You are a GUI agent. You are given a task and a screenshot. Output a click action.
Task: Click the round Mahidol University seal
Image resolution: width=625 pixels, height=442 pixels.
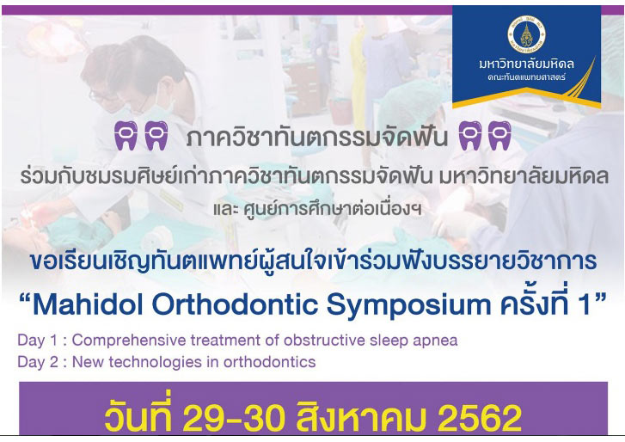coord(526,34)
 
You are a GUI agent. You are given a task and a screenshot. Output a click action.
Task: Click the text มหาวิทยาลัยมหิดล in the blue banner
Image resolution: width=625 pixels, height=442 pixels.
coord(526,64)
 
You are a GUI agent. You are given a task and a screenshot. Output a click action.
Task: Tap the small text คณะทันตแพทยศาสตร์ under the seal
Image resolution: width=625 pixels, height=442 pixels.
coord(526,77)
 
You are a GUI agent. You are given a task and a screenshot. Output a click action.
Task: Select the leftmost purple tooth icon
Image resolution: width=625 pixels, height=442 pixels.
coord(126,136)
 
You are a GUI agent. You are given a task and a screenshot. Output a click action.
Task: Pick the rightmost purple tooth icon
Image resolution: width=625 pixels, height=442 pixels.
coord(499,136)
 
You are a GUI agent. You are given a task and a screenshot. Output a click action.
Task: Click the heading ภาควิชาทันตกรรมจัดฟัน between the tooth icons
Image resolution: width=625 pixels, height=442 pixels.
coord(317,138)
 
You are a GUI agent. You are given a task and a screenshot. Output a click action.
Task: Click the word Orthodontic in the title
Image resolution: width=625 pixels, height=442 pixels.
coord(236,305)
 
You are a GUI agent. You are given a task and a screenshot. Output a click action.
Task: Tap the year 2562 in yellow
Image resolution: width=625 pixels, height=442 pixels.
coord(480,419)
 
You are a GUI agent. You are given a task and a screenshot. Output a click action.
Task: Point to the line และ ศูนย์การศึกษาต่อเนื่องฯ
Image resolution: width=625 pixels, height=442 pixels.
coord(317,208)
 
